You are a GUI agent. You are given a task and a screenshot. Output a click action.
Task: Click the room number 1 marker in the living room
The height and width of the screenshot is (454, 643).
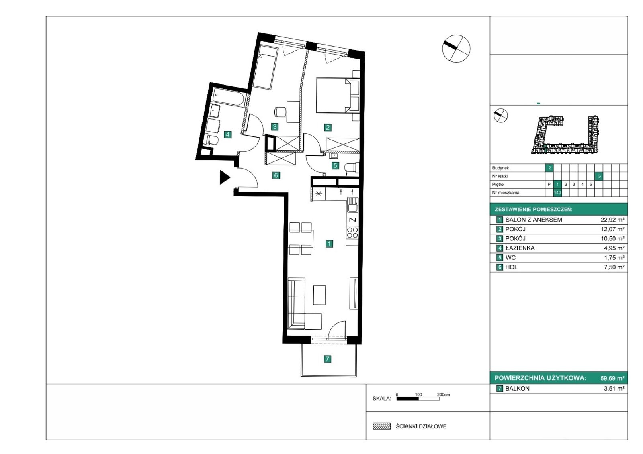329,244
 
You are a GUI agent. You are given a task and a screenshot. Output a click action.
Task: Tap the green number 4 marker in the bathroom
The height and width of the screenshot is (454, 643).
227,134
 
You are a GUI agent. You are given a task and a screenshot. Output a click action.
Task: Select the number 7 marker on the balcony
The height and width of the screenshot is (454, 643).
327,359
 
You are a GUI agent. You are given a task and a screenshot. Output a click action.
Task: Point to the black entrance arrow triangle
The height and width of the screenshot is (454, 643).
225,177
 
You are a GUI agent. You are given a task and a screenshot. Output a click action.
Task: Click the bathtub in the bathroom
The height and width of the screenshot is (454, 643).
229,97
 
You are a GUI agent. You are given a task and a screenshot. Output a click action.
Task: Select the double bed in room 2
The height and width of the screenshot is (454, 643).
338,95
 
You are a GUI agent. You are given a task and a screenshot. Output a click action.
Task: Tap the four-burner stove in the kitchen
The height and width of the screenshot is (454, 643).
352,232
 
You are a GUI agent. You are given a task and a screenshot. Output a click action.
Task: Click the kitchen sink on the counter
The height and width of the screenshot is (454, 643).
353,205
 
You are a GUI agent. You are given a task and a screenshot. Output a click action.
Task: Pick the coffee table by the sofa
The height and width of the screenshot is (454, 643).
319,295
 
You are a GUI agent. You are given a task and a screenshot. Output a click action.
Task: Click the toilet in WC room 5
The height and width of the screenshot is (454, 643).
351,168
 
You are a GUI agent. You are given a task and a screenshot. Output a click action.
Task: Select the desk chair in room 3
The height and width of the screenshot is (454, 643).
280,112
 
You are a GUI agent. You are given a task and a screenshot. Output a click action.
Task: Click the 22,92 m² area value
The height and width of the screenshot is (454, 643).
612,220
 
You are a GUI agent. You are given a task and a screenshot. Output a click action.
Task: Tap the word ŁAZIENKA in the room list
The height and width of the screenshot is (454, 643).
520,248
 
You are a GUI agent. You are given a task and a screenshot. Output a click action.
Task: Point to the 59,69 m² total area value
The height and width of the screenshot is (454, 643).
612,378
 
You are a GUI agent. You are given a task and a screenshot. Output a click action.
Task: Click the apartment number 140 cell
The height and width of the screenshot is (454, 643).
557,193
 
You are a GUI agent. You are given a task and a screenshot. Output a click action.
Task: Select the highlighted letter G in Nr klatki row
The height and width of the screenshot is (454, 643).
599,176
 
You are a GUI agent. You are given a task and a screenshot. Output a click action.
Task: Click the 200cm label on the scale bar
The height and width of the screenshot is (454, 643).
444,395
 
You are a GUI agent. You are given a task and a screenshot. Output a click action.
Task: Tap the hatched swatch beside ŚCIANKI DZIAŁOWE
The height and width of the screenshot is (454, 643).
381,426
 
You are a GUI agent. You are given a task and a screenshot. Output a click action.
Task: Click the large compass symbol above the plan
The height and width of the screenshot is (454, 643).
456,49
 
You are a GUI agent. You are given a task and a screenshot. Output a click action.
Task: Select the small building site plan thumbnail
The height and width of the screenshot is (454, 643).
565,134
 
